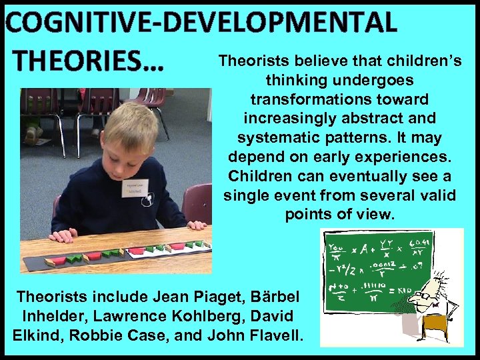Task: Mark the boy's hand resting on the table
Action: [x=64, y=235]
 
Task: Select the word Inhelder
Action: [x=49, y=315]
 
